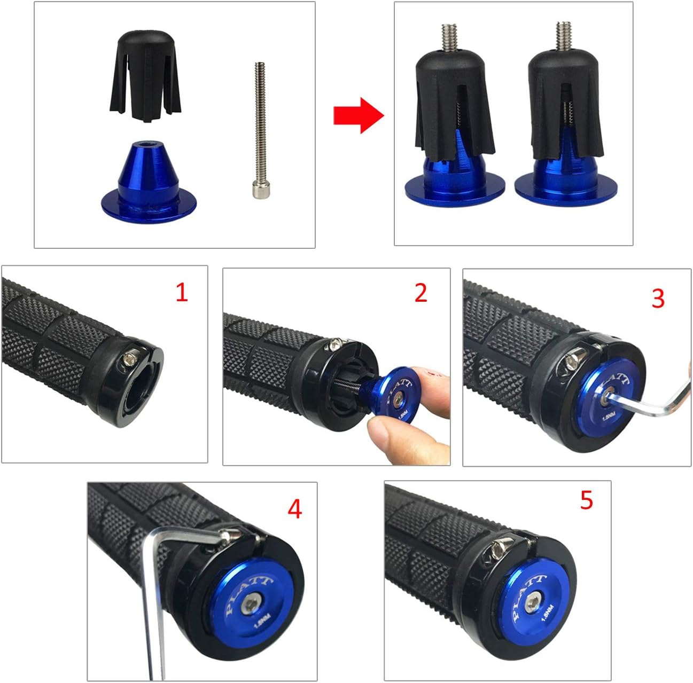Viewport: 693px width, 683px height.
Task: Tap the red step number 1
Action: tap(182, 293)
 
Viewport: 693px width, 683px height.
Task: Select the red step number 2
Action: tap(421, 293)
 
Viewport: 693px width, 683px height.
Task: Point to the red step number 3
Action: tap(658, 299)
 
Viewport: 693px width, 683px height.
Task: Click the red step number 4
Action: tap(294, 509)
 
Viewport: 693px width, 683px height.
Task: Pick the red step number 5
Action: tap(586, 500)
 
